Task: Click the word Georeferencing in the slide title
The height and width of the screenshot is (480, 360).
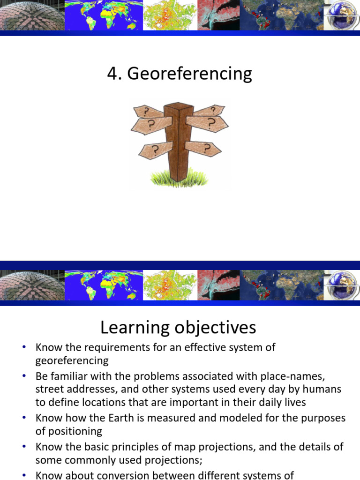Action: pos(189,74)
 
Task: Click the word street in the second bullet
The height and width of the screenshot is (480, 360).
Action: pos(49,389)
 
